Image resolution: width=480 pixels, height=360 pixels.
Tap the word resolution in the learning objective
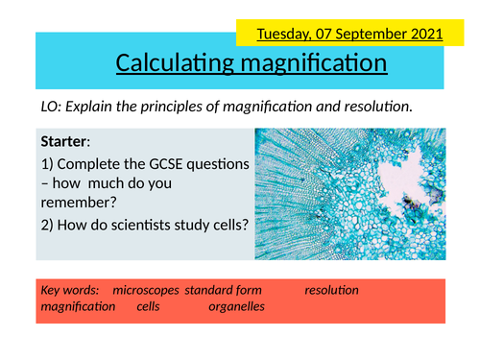375,106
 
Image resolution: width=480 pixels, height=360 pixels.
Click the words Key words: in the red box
72,289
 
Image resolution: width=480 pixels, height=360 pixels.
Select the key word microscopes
145,289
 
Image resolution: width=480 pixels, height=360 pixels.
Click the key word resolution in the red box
331,289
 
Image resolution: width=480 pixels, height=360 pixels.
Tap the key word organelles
236,306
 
